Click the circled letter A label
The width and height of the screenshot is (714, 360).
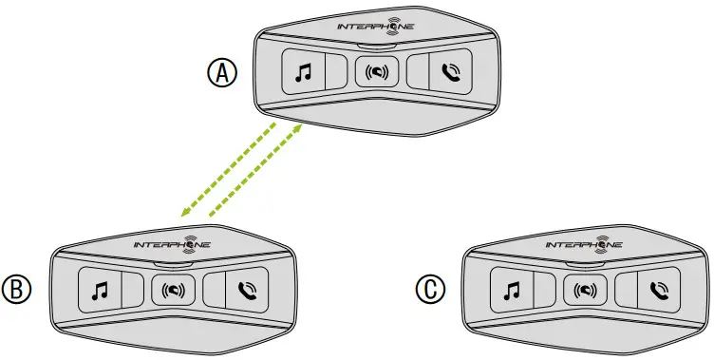click(223, 72)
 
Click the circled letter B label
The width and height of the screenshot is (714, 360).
click(18, 287)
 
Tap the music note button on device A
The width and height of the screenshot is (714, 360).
click(303, 71)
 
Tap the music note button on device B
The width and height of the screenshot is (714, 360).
click(100, 289)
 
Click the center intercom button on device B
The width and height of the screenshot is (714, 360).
click(173, 289)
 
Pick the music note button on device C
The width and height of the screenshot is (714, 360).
click(511, 289)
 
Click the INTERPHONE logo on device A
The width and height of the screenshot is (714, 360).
click(377, 28)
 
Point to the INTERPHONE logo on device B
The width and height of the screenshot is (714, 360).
click(173, 245)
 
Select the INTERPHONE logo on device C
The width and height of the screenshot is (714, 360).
click(584, 245)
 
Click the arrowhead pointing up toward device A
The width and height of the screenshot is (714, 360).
click(300, 124)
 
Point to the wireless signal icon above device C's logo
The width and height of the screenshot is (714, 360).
click(599, 237)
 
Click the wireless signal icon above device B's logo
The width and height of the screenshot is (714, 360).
click(188, 237)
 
